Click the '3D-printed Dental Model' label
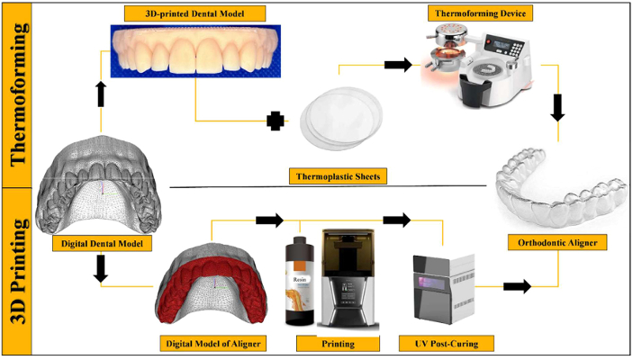pos(194,13)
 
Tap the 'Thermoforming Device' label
pos(481,13)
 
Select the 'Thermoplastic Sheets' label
pos(338,176)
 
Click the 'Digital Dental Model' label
pos(102,243)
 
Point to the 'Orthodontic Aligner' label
pos(557,243)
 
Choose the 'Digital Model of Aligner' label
pos(213,344)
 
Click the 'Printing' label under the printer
pos(338,344)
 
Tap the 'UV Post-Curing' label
pos(446,344)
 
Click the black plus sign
pos(276,121)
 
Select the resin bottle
pos(300,281)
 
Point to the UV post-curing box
pos(444,289)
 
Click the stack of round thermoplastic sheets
pos(340,118)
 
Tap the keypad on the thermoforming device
pos(517,49)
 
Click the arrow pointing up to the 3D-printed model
pos(101,94)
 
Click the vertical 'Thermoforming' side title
pos(18,94)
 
